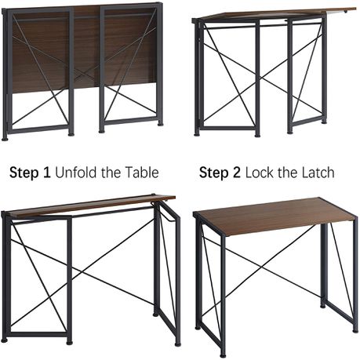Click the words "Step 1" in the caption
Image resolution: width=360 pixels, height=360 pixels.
[x=30, y=173]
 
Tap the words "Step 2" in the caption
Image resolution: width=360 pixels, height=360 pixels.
[x=220, y=173]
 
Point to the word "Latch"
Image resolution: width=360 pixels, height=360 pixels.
[x=318, y=173]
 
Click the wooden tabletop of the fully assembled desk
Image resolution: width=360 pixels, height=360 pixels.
[x=275, y=216]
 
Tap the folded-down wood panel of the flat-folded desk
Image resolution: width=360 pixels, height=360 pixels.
[x=84, y=49]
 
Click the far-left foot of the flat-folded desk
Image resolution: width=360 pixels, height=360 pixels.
[x=5, y=138]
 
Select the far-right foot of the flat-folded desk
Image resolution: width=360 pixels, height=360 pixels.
[x=160, y=123]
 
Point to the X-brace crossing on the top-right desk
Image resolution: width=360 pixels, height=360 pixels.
[x=262, y=77]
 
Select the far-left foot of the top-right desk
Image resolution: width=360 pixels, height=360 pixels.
[x=197, y=134]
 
